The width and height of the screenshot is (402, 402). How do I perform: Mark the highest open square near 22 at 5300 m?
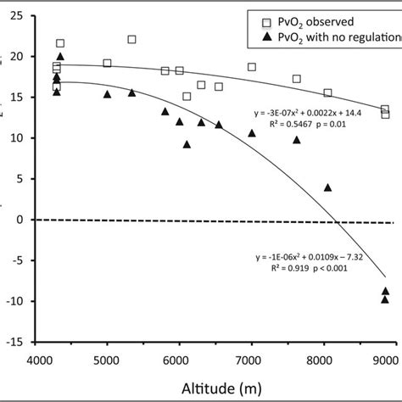131,39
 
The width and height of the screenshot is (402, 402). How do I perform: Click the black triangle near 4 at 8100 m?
328,187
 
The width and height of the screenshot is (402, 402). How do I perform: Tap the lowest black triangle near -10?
385,299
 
